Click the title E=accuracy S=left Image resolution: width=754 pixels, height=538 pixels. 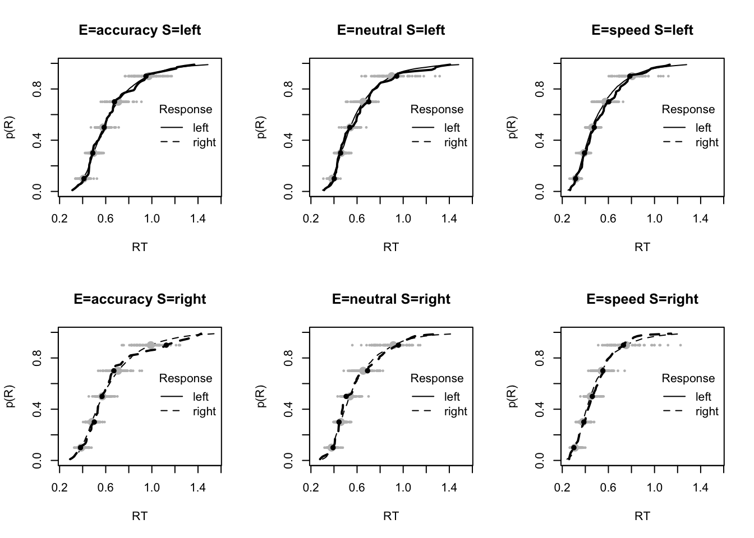pyautogui.click(x=140, y=30)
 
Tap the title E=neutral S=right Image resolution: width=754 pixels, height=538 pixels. pyautogui.click(x=391, y=299)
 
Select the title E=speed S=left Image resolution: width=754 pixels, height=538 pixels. pyautogui.click(x=642, y=30)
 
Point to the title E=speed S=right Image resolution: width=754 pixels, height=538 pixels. pyautogui.click(x=642, y=299)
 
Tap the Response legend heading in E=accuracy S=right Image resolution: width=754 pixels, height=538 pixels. pyautogui.click(x=186, y=378)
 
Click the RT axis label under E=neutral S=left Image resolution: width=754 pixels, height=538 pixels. pyautogui.click(x=391, y=247)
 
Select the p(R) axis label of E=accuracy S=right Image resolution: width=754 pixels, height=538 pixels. pyautogui.click(x=11, y=396)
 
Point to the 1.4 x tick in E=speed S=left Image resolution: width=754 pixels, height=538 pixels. pyautogui.click(x=700, y=218)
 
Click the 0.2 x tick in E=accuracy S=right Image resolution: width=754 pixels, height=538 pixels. pyautogui.click(x=59, y=487)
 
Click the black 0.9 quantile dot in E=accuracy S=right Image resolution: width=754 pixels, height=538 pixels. pyautogui.click(x=166, y=345)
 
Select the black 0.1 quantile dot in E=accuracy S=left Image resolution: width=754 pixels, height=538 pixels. pyautogui.click(x=84, y=179)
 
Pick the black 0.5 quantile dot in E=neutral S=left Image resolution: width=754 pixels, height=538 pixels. pyautogui.click(x=350, y=127)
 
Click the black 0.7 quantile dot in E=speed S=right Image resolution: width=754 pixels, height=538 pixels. pyautogui.click(x=603, y=370)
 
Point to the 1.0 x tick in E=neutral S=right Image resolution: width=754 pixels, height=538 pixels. pyautogui.click(x=403, y=487)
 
